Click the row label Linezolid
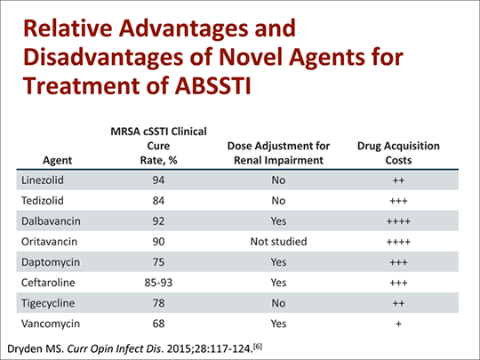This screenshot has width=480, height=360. [43, 180]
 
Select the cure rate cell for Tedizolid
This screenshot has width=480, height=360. [158, 201]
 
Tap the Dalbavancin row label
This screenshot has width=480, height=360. [51, 221]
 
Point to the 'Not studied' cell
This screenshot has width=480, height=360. [278, 242]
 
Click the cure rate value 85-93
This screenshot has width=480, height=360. [158, 283]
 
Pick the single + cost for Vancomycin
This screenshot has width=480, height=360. [398, 324]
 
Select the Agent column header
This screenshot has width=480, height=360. [57, 160]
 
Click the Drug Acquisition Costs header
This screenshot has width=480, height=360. [398, 153]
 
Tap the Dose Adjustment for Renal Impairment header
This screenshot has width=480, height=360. [278, 153]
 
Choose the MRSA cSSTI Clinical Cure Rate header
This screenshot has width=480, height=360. [158, 146]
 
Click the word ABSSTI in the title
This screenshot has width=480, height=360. [213, 85]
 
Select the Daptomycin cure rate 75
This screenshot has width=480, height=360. [158, 262]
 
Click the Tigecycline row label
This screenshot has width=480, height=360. [48, 303]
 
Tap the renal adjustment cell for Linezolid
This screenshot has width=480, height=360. [278, 180]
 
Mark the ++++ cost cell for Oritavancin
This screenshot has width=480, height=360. [398, 242]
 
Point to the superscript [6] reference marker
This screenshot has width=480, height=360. [258, 347]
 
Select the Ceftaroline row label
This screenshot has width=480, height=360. [48, 283]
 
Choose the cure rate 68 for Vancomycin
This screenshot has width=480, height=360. [158, 324]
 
